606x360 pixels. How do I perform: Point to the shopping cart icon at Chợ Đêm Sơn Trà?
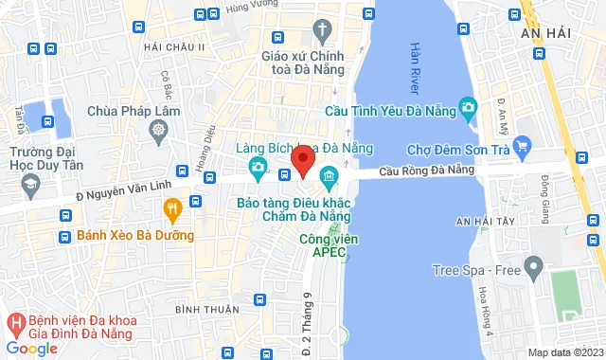click(525, 149)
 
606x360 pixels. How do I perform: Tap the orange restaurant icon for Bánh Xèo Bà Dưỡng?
click(171, 208)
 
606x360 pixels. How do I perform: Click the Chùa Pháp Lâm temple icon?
click(159, 125)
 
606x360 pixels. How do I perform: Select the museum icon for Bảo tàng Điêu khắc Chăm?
click(329, 175)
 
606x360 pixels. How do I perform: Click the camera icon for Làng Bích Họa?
click(257, 168)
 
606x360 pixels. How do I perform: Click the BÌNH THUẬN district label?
click(204, 310)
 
